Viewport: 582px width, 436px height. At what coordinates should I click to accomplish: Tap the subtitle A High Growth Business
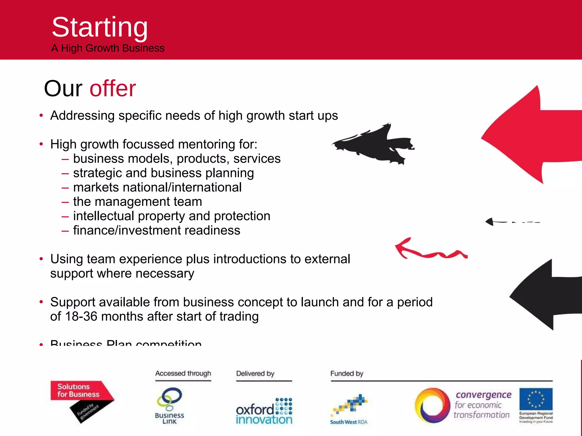pyautogui.click(x=108, y=48)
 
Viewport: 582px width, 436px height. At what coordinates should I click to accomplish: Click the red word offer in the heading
pyautogui.click(x=113, y=89)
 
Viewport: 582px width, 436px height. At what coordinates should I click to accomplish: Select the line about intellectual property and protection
pyautogui.click(x=171, y=216)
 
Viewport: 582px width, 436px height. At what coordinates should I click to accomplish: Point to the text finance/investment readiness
pyautogui.click(x=156, y=230)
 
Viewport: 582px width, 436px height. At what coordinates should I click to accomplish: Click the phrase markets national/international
pyautogui.click(x=157, y=187)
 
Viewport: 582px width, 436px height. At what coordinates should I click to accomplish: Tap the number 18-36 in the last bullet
pyautogui.click(x=81, y=316)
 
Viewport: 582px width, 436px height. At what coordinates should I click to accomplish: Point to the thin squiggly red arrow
pyautogui.click(x=429, y=250)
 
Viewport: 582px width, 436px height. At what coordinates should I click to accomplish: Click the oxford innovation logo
pyautogui.click(x=264, y=412)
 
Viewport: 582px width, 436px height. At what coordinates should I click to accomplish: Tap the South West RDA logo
pyautogui.click(x=349, y=409)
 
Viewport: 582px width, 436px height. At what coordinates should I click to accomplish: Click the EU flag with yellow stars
pyautogui.click(x=536, y=399)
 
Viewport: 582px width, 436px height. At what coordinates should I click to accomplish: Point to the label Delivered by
pyautogui.click(x=255, y=374)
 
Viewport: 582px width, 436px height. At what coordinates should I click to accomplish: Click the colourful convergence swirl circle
pyautogui.click(x=433, y=405)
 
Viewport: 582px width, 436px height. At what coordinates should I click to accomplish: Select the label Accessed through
pyautogui.click(x=183, y=374)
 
